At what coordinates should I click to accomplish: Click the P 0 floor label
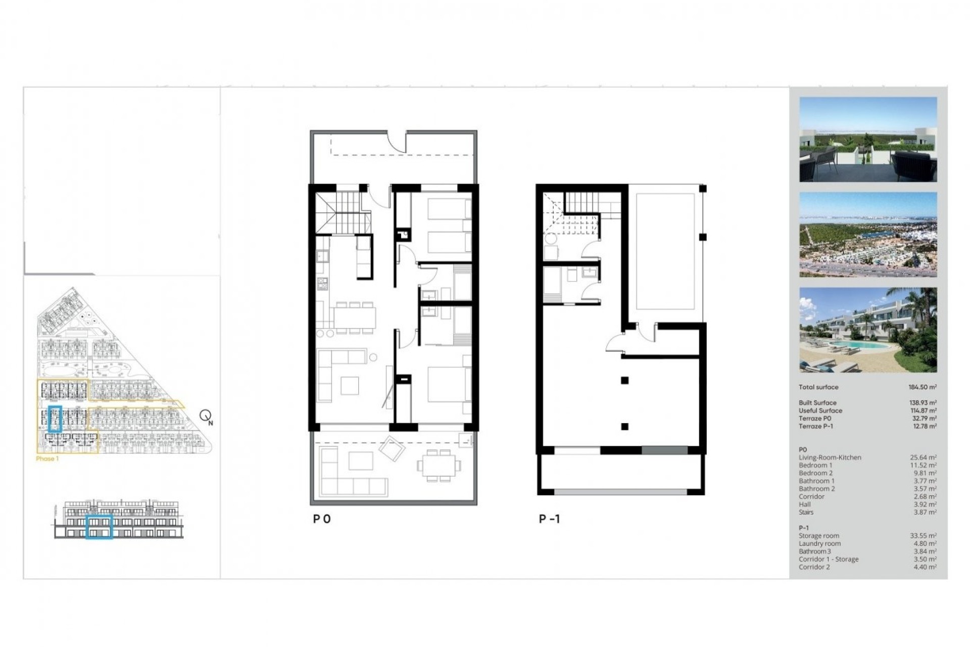tap(322, 519)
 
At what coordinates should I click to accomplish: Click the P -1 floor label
tap(549, 519)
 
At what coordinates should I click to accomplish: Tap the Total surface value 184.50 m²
tap(922, 387)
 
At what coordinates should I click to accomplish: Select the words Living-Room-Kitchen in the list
tap(830, 457)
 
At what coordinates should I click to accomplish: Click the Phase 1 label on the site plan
tap(47, 459)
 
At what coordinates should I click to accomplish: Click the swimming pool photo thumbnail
tap(868, 330)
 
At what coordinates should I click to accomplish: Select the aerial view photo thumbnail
tap(868, 235)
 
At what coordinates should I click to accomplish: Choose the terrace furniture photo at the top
tap(868, 140)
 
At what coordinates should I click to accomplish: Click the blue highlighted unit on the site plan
tap(55, 419)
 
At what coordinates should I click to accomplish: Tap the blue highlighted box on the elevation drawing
tap(99, 527)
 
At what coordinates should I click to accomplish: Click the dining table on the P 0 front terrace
tap(439, 465)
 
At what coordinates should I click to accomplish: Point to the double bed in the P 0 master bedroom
tap(448, 384)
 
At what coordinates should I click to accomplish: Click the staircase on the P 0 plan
tap(344, 212)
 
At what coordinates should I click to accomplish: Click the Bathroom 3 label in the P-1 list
tap(814, 551)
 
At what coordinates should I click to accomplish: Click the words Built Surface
tap(817, 403)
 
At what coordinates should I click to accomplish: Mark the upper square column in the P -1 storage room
tap(625, 381)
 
